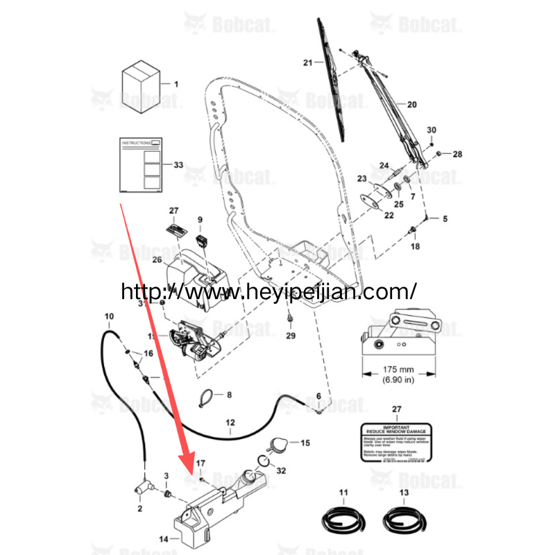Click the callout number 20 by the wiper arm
tap(411, 105)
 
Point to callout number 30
tap(431, 130)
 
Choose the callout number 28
tap(457, 153)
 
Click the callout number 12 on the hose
tap(231, 422)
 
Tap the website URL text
tap(268, 291)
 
